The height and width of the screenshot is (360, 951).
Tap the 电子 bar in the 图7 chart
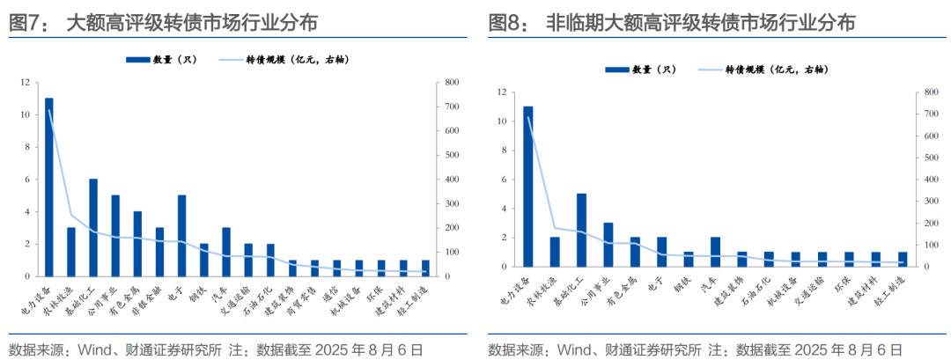(x=181, y=235)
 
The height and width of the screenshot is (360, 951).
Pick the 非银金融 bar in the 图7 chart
(x=159, y=251)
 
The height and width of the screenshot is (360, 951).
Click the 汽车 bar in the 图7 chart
(x=226, y=251)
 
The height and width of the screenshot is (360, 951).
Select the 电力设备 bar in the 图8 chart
(x=528, y=186)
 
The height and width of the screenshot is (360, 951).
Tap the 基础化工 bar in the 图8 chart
(x=581, y=230)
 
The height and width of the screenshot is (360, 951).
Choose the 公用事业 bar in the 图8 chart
(x=608, y=244)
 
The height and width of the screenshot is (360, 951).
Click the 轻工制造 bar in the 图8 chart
(x=903, y=259)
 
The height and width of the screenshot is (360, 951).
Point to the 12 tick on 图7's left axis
(x=26, y=83)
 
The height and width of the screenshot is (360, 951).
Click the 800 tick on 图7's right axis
(x=452, y=83)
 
